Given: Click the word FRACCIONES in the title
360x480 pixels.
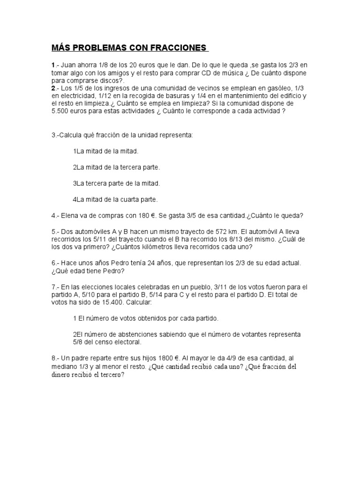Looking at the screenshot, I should click(179, 48).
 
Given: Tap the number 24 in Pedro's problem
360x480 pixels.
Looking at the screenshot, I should click(153, 263).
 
